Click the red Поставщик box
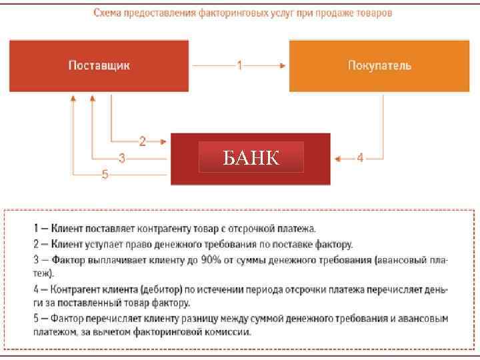99,65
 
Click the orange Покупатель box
379,65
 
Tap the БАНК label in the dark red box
251,158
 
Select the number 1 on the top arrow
239,65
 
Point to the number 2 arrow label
142,141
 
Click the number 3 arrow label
121,159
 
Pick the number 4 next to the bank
360,158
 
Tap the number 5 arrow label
105,175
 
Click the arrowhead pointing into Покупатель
283,65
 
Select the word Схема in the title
107,13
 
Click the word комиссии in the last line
229,333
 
